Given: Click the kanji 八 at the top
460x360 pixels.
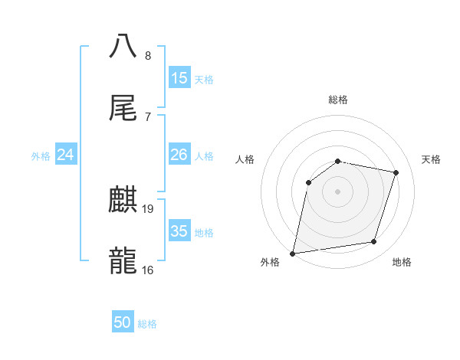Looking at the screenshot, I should click(x=123, y=46).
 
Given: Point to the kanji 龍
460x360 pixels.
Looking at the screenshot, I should click(x=123, y=260).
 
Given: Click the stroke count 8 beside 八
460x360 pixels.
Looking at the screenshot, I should click(x=148, y=55).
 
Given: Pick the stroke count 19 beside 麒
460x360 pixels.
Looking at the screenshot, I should click(x=149, y=208).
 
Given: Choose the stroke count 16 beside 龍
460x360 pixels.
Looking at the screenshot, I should click(x=148, y=270).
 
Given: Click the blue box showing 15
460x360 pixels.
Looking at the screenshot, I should click(x=179, y=78).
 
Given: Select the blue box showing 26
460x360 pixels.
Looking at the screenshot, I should click(x=179, y=155).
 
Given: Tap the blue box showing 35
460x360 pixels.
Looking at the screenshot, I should click(x=179, y=231).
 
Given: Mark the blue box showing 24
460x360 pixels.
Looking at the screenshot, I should click(x=66, y=155).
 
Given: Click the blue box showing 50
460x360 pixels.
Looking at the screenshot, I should click(x=123, y=322).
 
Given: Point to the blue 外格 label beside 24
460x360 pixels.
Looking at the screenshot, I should click(x=41, y=155).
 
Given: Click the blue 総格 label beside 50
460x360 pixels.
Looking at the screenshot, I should click(x=147, y=323).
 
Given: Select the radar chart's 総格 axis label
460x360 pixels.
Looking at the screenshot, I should click(x=338, y=100).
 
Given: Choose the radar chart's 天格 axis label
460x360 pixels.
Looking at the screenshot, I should click(x=432, y=159).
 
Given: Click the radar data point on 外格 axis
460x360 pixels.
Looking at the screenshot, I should click(x=293, y=253).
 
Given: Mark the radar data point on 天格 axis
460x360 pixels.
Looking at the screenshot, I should click(x=396, y=172).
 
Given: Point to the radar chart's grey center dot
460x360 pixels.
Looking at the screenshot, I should click(x=338, y=191).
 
